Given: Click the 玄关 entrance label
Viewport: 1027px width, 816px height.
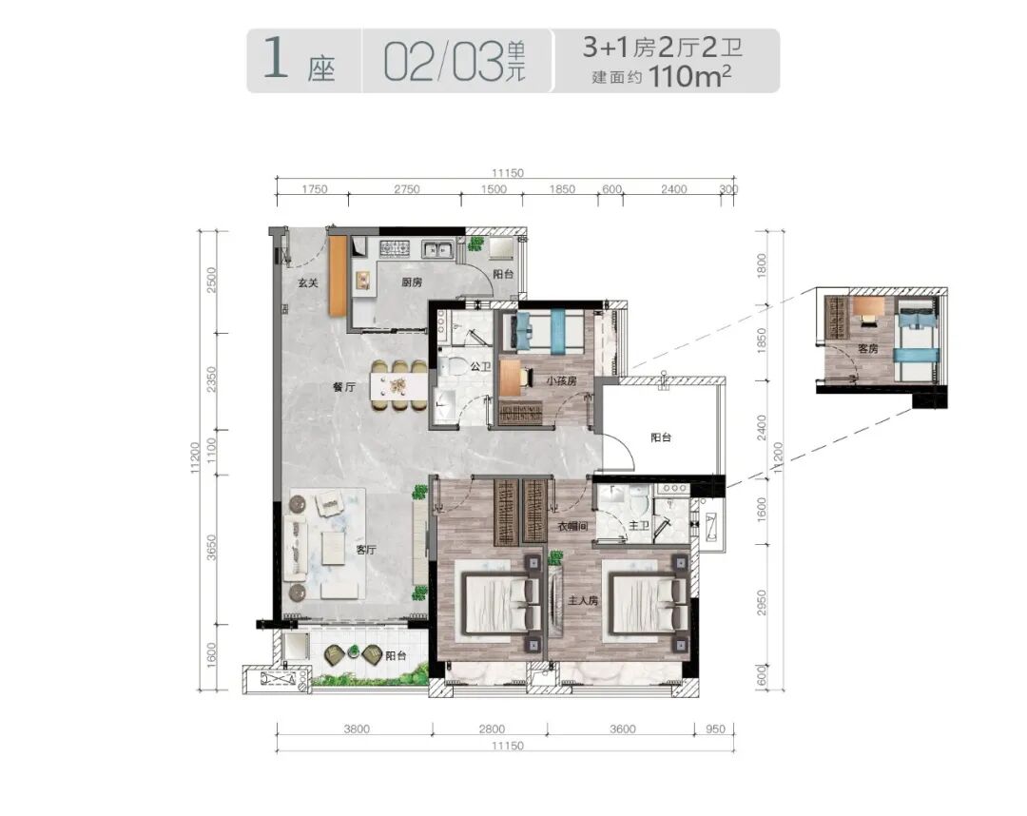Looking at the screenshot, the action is [x=308, y=282].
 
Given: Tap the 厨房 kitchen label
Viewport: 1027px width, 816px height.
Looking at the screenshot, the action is [x=412, y=282].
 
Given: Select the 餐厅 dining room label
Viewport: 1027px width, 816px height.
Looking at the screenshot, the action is [x=344, y=387].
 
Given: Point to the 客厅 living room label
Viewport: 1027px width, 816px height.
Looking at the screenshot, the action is [x=366, y=550].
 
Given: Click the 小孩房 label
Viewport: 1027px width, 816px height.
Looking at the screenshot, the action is [x=561, y=380].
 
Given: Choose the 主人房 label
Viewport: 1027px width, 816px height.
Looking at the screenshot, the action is [x=583, y=600].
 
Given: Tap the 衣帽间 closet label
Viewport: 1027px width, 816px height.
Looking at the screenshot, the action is [x=572, y=526].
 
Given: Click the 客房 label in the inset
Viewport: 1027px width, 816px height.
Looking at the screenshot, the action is [x=868, y=349].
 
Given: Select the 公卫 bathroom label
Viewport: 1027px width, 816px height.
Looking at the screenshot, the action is [x=480, y=367].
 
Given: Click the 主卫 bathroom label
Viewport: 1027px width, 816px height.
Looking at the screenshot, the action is [x=639, y=526].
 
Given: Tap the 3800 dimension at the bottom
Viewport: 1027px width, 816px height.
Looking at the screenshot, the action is [x=357, y=729].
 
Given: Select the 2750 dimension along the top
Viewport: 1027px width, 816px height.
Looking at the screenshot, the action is [x=407, y=189].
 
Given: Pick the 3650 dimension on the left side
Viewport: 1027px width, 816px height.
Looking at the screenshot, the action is [x=211, y=548].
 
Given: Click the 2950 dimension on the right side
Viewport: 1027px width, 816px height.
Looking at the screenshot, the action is [x=761, y=603].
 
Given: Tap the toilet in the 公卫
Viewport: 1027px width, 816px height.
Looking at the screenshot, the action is [x=453, y=367].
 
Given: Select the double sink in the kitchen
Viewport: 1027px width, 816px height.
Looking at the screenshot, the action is [x=437, y=249].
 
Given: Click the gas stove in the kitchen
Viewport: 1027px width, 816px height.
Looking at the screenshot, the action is [x=395, y=248].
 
